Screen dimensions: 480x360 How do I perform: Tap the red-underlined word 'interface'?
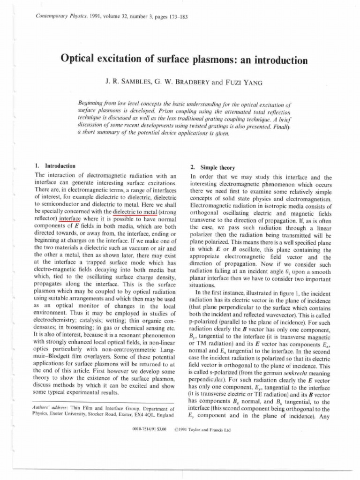tap(70, 219)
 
